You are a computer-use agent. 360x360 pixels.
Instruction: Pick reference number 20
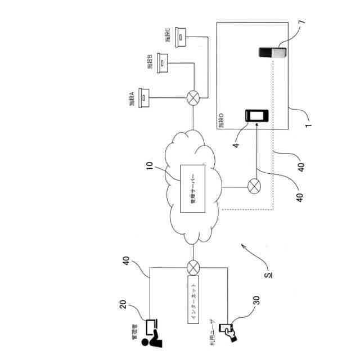[124, 304]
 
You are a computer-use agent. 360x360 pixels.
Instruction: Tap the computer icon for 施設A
[144, 97]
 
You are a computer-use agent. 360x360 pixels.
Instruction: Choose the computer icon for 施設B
[163, 61]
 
